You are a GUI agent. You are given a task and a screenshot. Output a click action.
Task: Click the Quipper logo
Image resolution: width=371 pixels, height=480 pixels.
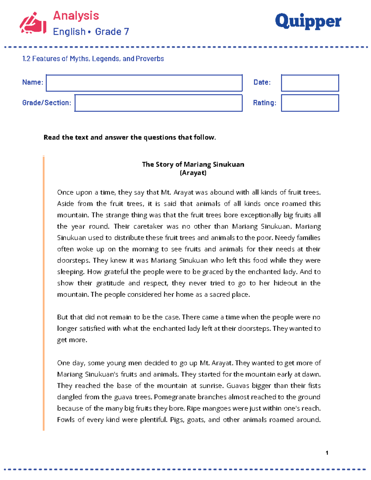point(308,22)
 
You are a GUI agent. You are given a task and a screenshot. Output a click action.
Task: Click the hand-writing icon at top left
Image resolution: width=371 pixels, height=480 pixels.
point(33,23)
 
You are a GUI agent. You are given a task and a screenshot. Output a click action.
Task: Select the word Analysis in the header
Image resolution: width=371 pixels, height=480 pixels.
point(76,15)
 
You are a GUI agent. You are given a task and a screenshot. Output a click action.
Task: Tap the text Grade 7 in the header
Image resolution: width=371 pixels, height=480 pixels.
point(112,32)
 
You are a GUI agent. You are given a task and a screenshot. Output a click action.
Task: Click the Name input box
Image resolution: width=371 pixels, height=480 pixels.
point(144,83)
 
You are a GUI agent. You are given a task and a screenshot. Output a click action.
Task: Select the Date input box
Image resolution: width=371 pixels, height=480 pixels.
point(310,83)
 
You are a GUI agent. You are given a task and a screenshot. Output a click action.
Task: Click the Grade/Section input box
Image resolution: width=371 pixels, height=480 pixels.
point(158,103)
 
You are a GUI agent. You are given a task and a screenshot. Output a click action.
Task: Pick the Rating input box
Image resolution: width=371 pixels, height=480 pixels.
point(310,103)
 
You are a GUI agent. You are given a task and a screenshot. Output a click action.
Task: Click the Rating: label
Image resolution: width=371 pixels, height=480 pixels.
point(264,103)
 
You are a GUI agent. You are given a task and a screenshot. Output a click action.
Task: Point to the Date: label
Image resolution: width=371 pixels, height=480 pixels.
point(262,82)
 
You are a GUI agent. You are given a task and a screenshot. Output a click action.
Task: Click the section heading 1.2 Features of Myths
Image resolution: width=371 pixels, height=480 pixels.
point(93,59)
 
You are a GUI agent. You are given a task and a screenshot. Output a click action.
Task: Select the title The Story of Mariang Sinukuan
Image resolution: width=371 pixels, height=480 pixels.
point(193,164)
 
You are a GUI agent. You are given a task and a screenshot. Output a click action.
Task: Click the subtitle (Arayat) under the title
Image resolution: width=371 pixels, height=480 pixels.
point(193,173)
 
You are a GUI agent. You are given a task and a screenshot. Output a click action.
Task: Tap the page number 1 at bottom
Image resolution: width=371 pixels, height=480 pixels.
point(327,453)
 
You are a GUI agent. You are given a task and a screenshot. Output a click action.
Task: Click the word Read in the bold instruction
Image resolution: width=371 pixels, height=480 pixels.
point(52,138)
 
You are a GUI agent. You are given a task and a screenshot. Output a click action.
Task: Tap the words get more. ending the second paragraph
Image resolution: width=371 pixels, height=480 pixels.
point(72,340)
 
